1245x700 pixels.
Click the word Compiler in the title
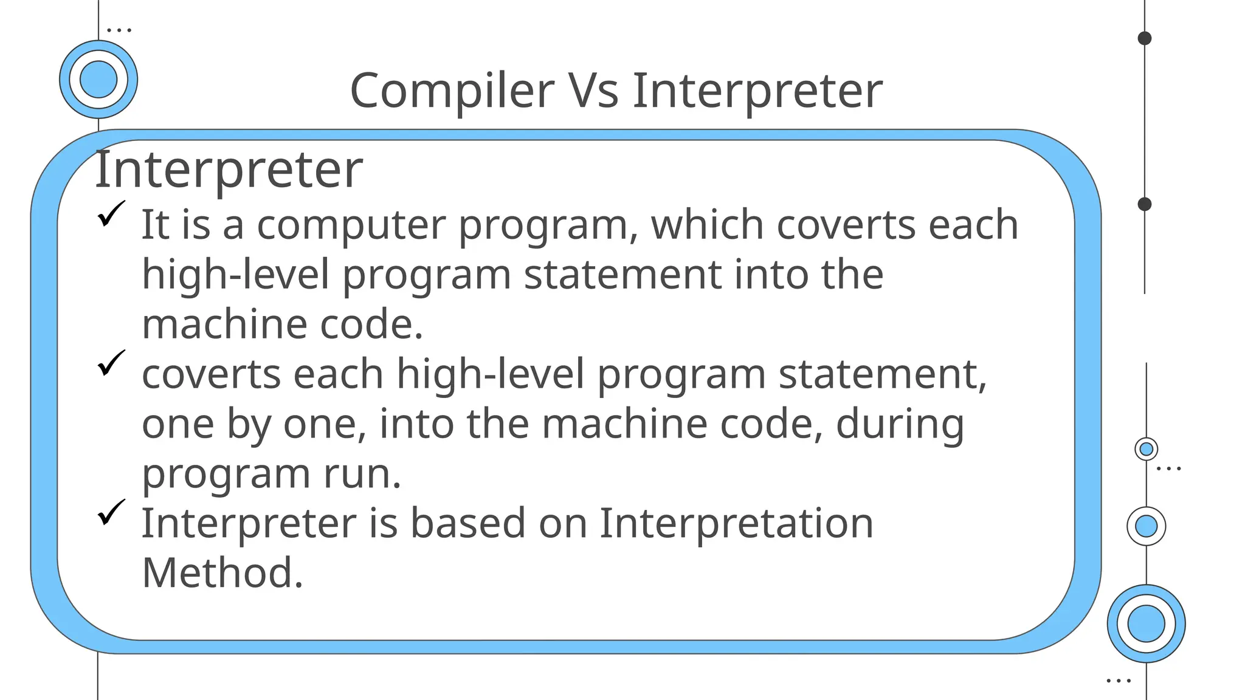[x=452, y=91]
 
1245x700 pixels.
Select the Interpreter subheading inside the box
[x=229, y=170]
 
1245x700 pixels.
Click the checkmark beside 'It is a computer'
[x=111, y=214]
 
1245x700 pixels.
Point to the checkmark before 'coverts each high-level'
[x=111, y=363]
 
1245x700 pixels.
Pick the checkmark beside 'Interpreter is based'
[x=111, y=512]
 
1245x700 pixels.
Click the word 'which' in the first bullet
[x=707, y=225]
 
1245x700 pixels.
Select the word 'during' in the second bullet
[x=900, y=424]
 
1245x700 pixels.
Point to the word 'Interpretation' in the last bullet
[x=736, y=523]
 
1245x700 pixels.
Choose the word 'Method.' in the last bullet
[x=222, y=573]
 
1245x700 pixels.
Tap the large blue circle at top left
[x=98, y=80]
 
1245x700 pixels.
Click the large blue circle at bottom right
[x=1146, y=623]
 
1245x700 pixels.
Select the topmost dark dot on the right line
[x=1145, y=38]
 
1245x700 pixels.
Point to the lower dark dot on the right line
[x=1145, y=204]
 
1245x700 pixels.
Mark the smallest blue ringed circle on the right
[x=1146, y=449]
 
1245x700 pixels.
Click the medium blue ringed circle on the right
[x=1146, y=526]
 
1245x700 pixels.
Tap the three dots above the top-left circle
[x=119, y=29]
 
